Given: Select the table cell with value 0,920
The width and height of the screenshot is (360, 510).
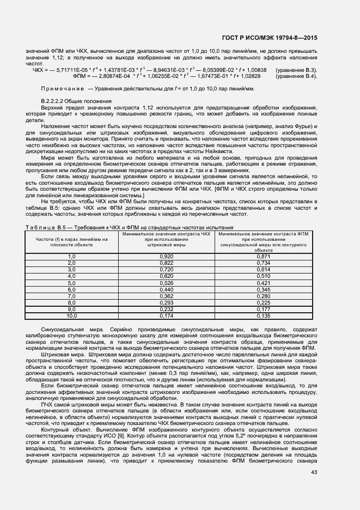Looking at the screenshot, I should click(x=167, y=256).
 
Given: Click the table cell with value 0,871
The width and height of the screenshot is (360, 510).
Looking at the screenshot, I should click(x=263, y=256).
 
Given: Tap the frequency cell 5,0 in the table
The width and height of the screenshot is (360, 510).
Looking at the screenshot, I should click(x=71, y=283).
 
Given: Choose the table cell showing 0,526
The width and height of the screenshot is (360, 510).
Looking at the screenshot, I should click(x=167, y=283).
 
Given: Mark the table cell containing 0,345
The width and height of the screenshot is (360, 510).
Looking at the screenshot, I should click(x=263, y=290).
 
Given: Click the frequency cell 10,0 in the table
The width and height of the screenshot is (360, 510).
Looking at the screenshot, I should click(x=71, y=315).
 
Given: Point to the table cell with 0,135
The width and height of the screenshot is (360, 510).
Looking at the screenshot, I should click(x=263, y=315).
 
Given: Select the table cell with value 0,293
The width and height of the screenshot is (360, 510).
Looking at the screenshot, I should click(x=167, y=302).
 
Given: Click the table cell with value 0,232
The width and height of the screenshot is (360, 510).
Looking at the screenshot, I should click(x=167, y=309).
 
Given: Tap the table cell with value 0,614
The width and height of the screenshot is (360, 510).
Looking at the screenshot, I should click(x=263, y=269).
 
